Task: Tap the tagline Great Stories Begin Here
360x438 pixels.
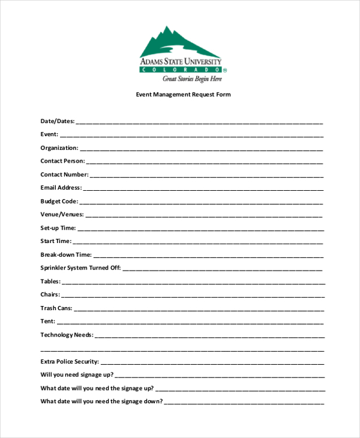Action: (192, 79)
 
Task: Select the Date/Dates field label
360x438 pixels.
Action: (58, 121)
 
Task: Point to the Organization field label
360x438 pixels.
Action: (59, 148)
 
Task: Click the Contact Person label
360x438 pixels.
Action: (62, 161)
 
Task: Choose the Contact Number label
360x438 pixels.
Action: (64, 175)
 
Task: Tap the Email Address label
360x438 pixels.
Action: (61, 188)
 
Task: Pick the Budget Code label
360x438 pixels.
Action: (59, 201)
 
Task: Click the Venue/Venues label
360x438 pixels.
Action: (62, 214)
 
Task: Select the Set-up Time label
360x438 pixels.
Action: (58, 228)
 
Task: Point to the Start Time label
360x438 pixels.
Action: (56, 241)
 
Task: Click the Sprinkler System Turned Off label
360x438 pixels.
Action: (80, 268)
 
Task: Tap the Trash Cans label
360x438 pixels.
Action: (56, 308)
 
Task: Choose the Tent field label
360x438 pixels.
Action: (48, 321)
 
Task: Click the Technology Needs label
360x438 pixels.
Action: (67, 335)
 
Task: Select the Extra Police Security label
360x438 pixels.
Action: (70, 362)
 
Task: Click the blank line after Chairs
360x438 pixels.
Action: (192, 296)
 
